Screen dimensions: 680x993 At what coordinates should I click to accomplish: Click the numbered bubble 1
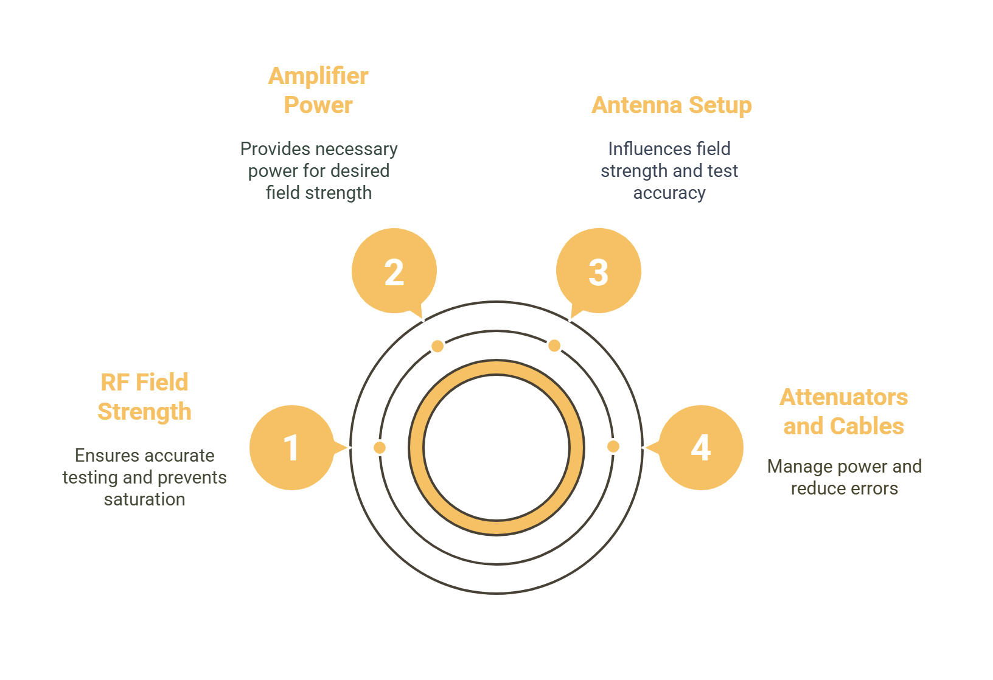pyautogui.click(x=291, y=448)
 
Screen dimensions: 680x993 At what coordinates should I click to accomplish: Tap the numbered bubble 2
pyautogui.click(x=394, y=271)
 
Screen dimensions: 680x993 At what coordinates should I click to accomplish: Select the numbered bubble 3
pyautogui.click(x=599, y=271)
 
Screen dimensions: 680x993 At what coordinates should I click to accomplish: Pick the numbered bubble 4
pyautogui.click(x=701, y=448)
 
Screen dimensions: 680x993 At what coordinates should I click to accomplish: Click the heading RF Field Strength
pyautogui.click(x=145, y=397)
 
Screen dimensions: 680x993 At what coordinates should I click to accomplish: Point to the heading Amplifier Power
pyautogui.click(x=318, y=90)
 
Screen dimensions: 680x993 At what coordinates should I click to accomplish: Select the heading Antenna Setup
pyautogui.click(x=671, y=105)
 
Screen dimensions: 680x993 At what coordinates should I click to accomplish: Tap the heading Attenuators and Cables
pyautogui.click(x=844, y=411)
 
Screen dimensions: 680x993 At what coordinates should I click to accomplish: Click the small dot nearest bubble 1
pyautogui.click(x=380, y=448)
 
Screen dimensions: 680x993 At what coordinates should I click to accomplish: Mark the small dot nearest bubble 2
pyautogui.click(x=437, y=346)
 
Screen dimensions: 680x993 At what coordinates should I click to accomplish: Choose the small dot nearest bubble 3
pyautogui.click(x=554, y=345)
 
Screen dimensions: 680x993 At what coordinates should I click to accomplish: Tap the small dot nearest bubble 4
pyautogui.click(x=613, y=446)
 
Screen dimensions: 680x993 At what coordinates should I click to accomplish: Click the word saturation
pyautogui.click(x=145, y=499)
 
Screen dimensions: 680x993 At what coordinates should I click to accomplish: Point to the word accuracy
pyautogui.click(x=669, y=193)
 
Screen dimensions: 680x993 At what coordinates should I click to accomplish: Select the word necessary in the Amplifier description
pyautogui.click(x=361, y=149)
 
